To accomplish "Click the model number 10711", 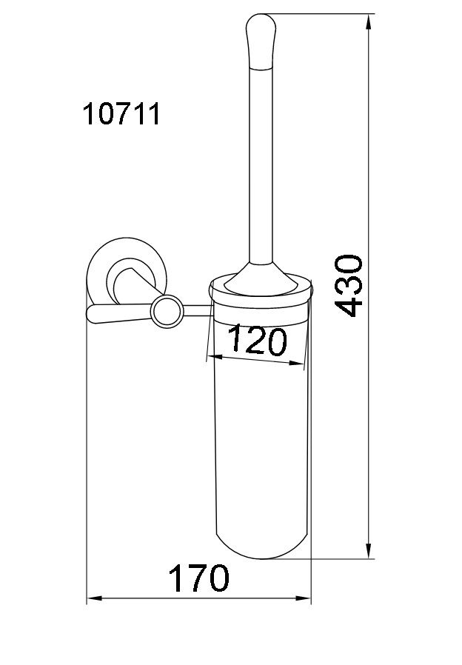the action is pos(121,114).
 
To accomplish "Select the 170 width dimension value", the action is pos(198,578).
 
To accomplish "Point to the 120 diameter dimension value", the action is pos(258,340).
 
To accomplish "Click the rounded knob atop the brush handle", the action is pos(261,41).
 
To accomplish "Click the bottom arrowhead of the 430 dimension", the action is pos(369,550).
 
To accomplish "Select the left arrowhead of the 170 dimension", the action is pos(95,599).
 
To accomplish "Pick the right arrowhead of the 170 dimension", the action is pos(303,599).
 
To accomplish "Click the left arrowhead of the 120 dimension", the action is pos(216,358).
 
